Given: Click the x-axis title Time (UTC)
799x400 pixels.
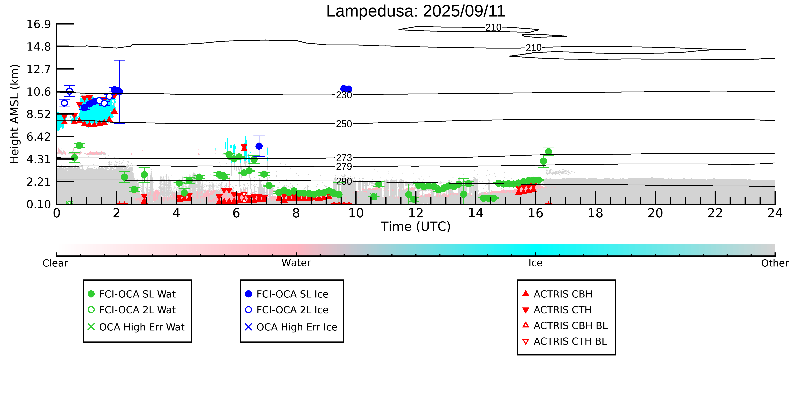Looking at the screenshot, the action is (416, 226).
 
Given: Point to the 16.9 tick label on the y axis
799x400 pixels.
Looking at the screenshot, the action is (38, 24).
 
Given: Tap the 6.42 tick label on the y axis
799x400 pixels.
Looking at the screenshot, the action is (38, 137).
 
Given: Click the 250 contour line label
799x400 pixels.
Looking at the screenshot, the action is (344, 124).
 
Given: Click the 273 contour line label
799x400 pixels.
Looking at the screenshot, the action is (344, 158).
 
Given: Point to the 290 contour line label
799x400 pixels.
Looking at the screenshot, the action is (344, 181).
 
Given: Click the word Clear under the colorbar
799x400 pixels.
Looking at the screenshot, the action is (55, 263).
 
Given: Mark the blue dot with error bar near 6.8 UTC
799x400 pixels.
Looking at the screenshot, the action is (259, 146).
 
